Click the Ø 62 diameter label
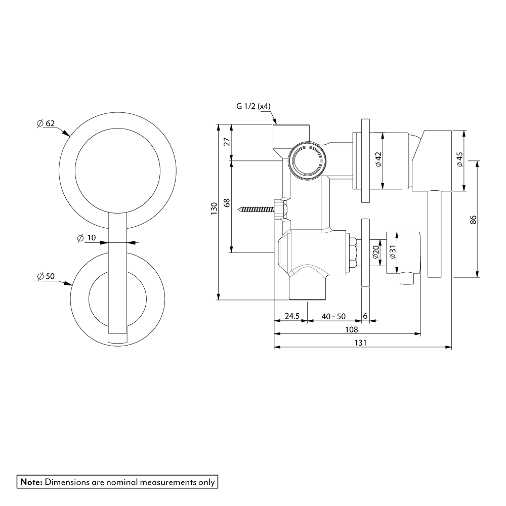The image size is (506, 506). (x=46, y=123)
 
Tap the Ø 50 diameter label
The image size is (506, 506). (x=46, y=276)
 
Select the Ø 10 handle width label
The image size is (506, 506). (x=87, y=238)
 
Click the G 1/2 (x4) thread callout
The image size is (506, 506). (x=254, y=106)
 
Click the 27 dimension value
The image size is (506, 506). (x=227, y=142)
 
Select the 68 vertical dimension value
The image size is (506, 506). (x=227, y=202)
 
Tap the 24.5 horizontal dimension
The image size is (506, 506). (x=292, y=316)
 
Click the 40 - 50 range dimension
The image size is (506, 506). (x=333, y=316)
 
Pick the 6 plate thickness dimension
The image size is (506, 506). (x=365, y=316)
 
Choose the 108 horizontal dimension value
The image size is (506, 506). (x=348, y=329)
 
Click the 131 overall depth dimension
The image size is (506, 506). (x=360, y=343)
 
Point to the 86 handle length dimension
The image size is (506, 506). (x=473, y=220)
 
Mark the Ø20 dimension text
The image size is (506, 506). (x=376, y=252)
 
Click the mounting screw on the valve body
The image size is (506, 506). (x=258, y=208)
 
